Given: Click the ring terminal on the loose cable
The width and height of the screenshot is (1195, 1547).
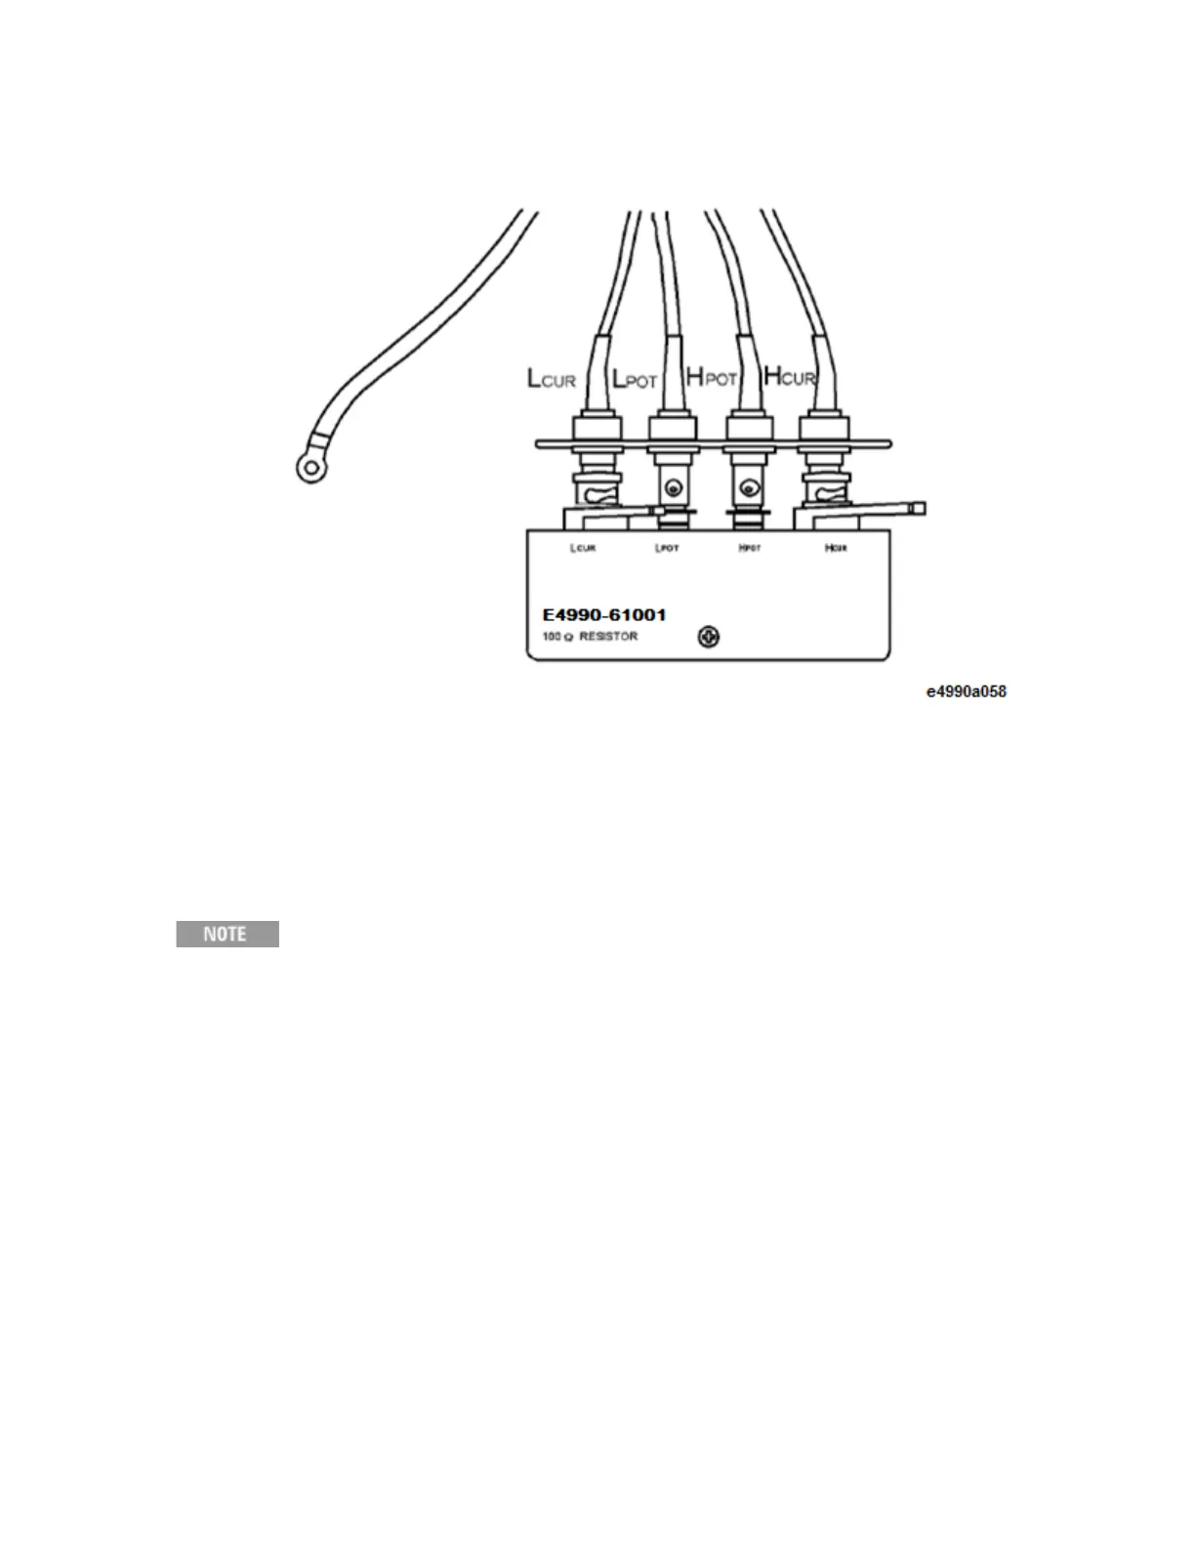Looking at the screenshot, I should pyautogui.click(x=310, y=470).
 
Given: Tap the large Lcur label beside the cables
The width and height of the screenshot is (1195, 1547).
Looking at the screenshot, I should pyautogui.click(x=552, y=378).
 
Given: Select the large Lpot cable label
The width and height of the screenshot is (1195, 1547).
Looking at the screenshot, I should pyautogui.click(x=635, y=378).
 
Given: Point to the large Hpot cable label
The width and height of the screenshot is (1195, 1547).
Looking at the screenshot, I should pyautogui.click(x=711, y=377).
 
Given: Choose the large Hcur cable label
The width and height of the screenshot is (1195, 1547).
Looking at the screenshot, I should pyautogui.click(x=789, y=375).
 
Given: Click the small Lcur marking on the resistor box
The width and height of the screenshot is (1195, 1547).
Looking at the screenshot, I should pyautogui.click(x=583, y=548).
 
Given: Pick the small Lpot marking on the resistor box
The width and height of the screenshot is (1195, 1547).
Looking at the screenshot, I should pyautogui.click(x=667, y=548).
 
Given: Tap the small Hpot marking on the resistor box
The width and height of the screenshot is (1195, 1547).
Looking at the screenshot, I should pyautogui.click(x=750, y=548).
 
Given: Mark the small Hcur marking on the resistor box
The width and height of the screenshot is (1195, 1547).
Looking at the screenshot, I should pyautogui.click(x=836, y=548).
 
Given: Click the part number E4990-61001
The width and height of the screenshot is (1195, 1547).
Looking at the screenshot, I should pyautogui.click(x=604, y=615).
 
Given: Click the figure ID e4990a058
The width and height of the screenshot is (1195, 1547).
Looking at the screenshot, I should pyautogui.click(x=967, y=691).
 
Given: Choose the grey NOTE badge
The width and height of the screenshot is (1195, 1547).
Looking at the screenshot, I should pyautogui.click(x=227, y=934).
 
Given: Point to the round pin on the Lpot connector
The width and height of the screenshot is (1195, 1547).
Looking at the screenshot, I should pyautogui.click(x=671, y=487).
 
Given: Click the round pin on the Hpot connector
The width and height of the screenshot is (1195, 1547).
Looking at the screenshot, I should pyautogui.click(x=748, y=487).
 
